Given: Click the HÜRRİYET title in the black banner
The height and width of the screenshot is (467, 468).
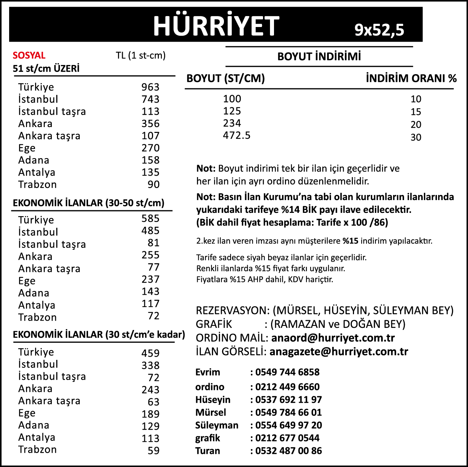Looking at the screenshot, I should tap(216, 26).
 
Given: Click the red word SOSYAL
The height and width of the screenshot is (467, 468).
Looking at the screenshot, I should tap(29, 55).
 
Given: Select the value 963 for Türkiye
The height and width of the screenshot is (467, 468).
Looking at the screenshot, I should tap(151, 87).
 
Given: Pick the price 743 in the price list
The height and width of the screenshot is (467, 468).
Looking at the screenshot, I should tap(151, 99).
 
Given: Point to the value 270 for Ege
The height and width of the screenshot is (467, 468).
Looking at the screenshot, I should tap(151, 148).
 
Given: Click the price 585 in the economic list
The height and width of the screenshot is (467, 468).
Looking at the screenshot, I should tap(151, 218).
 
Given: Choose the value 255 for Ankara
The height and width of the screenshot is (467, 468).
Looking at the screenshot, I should tap(151, 255).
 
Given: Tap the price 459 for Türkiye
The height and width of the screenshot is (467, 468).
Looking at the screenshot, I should tap(151, 353).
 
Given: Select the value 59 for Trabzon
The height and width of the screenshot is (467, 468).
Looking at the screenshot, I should tap(153, 451).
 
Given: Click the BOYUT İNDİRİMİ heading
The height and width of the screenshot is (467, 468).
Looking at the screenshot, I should tap(319, 57).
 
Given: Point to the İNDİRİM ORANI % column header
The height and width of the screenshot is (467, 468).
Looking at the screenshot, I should tap(411, 78).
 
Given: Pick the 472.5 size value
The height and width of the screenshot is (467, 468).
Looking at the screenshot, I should tap(237, 135).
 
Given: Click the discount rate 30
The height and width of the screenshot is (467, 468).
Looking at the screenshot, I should tap(416, 137).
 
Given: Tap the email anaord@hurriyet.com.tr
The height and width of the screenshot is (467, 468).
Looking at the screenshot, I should tap(333, 338).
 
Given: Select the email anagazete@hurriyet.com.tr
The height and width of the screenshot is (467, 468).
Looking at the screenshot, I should tap(339, 351).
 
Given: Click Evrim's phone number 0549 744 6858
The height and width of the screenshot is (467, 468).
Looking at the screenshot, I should tap(287, 372).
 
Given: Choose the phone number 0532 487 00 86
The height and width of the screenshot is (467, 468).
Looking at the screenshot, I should tap(289, 451).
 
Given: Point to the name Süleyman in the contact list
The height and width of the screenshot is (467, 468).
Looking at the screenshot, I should tap(217, 425).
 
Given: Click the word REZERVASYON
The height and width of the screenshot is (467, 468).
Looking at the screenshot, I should tap(232, 310).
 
